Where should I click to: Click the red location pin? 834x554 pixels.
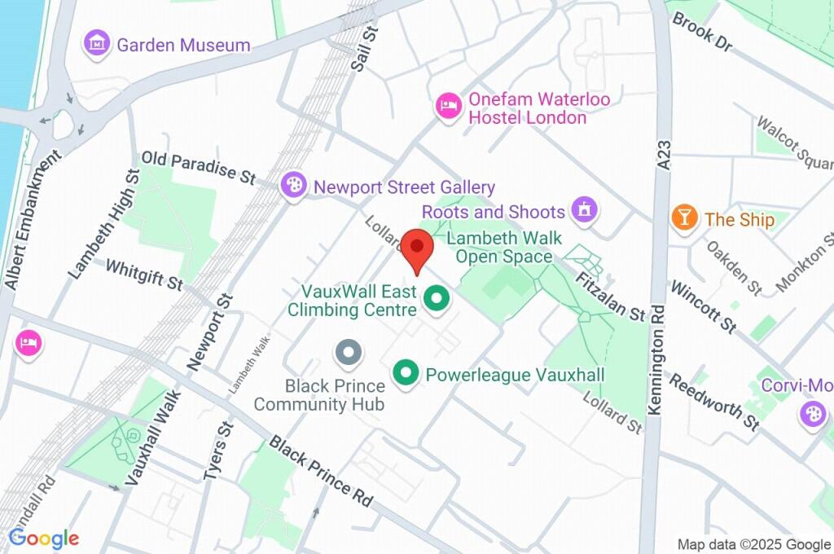pos(419,248)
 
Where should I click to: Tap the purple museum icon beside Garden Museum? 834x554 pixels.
pos(98,44)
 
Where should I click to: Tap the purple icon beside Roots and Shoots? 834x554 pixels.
pos(584,211)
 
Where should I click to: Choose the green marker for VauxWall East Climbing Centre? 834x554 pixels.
pos(437,299)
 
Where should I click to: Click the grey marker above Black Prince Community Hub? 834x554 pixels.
pos(349,353)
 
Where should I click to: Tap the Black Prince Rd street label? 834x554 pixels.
pos(321,471)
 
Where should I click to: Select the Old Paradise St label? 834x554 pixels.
pos(198,166)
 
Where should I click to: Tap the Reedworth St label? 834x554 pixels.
pos(714,401)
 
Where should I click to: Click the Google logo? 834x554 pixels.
pos(44,538)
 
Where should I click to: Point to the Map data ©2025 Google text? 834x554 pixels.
pos(754,544)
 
